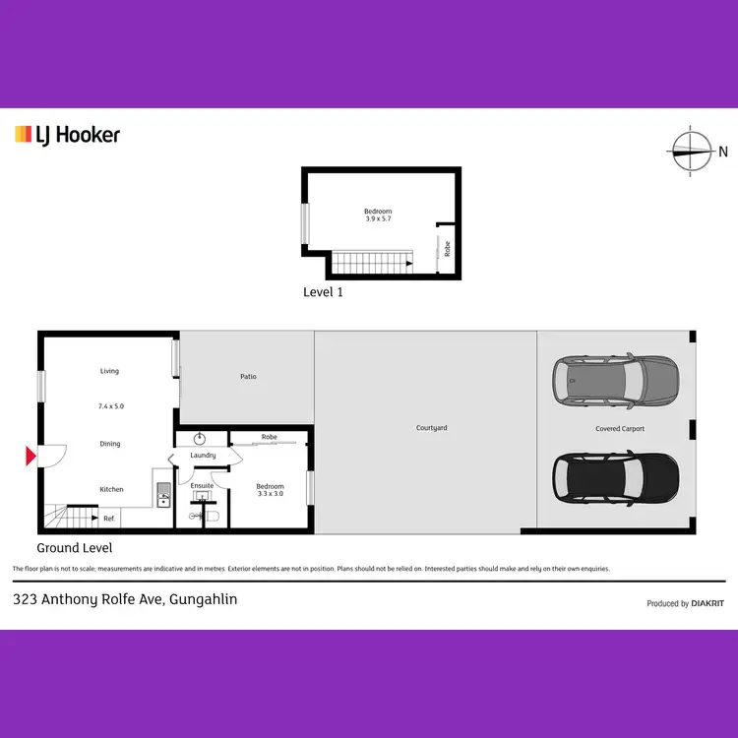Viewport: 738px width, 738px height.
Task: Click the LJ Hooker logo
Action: (67, 134)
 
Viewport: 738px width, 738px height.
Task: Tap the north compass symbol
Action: (692, 152)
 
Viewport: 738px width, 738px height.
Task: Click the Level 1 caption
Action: (323, 292)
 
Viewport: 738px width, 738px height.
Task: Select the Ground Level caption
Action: (75, 548)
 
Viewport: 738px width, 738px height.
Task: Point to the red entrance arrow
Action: (31, 456)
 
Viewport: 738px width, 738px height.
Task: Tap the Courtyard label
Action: (432, 428)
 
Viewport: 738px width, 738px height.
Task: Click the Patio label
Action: (248, 377)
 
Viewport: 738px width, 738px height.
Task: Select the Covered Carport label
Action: (620, 429)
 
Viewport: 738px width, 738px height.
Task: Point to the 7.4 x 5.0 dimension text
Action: (110, 406)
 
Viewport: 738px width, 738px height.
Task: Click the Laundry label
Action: (203, 456)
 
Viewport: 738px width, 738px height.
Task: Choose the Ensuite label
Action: (202, 486)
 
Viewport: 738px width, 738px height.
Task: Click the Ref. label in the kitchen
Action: (109, 519)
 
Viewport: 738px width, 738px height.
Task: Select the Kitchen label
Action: (111, 489)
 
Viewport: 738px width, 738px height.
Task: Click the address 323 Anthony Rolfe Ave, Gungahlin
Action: (125, 599)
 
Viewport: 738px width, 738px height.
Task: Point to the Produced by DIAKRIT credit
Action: (685, 603)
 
